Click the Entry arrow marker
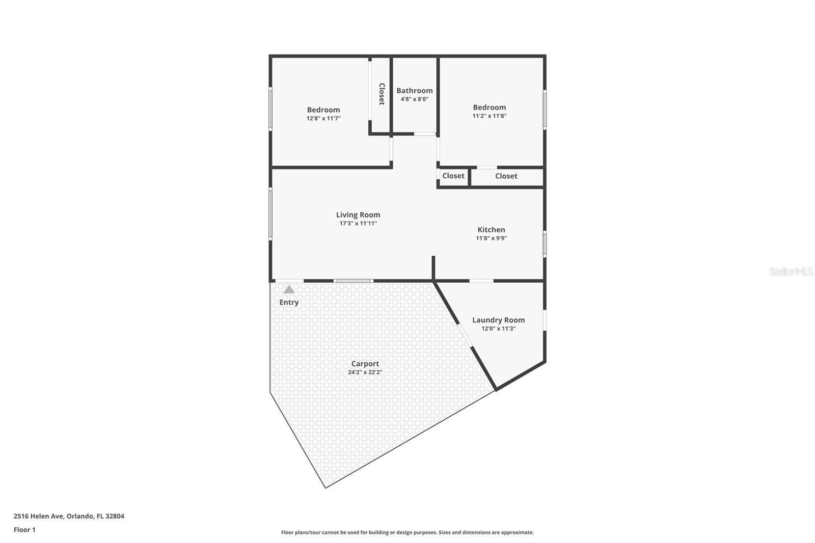(289, 290)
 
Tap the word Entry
(289, 302)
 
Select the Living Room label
(358, 215)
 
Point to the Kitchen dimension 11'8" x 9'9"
(491, 238)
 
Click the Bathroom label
(415, 91)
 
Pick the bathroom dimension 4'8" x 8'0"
(415, 99)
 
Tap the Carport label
(365, 364)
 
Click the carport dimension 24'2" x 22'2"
(365, 372)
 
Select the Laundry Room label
(498, 320)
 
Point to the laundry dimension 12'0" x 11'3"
(498, 329)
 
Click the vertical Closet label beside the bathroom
(382, 94)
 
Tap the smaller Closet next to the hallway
(453, 176)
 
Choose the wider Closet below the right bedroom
(506, 176)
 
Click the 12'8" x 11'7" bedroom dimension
(323, 118)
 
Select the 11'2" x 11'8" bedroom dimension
(490, 116)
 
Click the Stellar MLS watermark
(791, 271)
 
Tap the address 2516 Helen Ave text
(69, 516)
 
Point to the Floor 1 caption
(24, 530)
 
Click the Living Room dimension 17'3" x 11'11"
(358, 224)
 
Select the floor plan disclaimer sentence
(407, 532)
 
